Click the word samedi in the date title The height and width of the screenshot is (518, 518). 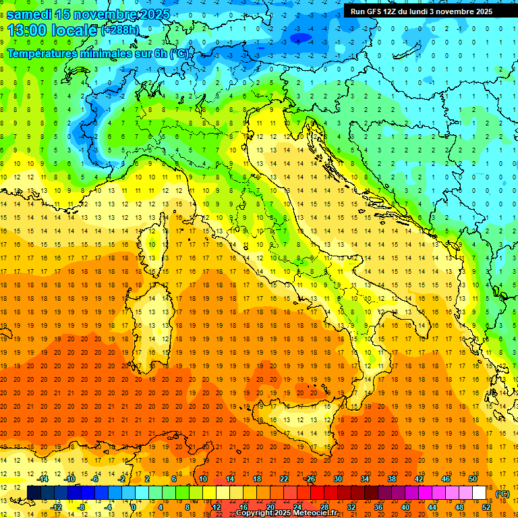pos(31,13)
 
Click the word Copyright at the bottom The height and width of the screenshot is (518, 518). pos(254,513)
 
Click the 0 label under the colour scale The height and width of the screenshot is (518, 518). pos(133,507)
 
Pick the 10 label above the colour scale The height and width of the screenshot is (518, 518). pos(203,479)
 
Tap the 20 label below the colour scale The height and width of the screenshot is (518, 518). pos(270,507)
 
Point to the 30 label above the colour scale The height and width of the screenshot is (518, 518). pos(337,479)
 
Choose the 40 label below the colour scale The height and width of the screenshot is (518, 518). pos(405,507)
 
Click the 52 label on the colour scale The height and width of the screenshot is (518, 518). pos(486,507)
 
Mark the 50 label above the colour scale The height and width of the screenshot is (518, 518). pos(472,479)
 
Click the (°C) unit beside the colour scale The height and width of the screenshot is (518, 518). pos(502,493)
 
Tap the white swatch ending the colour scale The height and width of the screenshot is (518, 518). pos(479,493)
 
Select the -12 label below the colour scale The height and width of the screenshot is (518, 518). pos(57,507)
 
